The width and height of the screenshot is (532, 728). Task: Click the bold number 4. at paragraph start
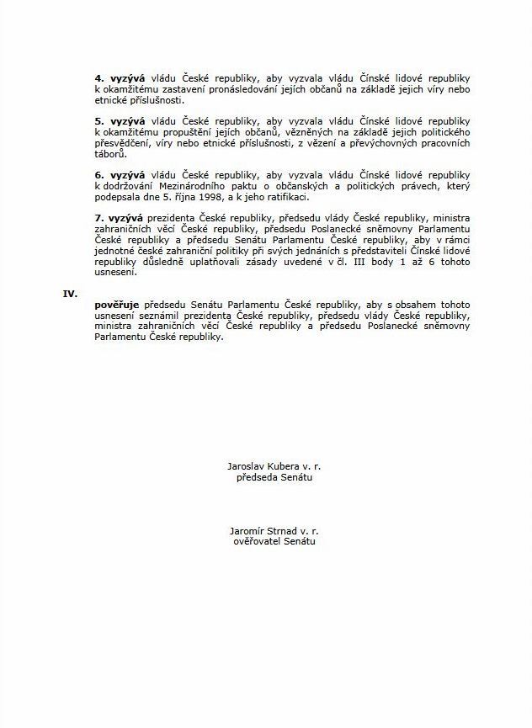coord(98,77)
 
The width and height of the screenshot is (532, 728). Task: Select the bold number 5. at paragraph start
coord(98,121)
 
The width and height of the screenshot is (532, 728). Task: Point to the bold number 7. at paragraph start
coord(98,216)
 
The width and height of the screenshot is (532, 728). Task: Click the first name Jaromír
coord(247,532)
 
